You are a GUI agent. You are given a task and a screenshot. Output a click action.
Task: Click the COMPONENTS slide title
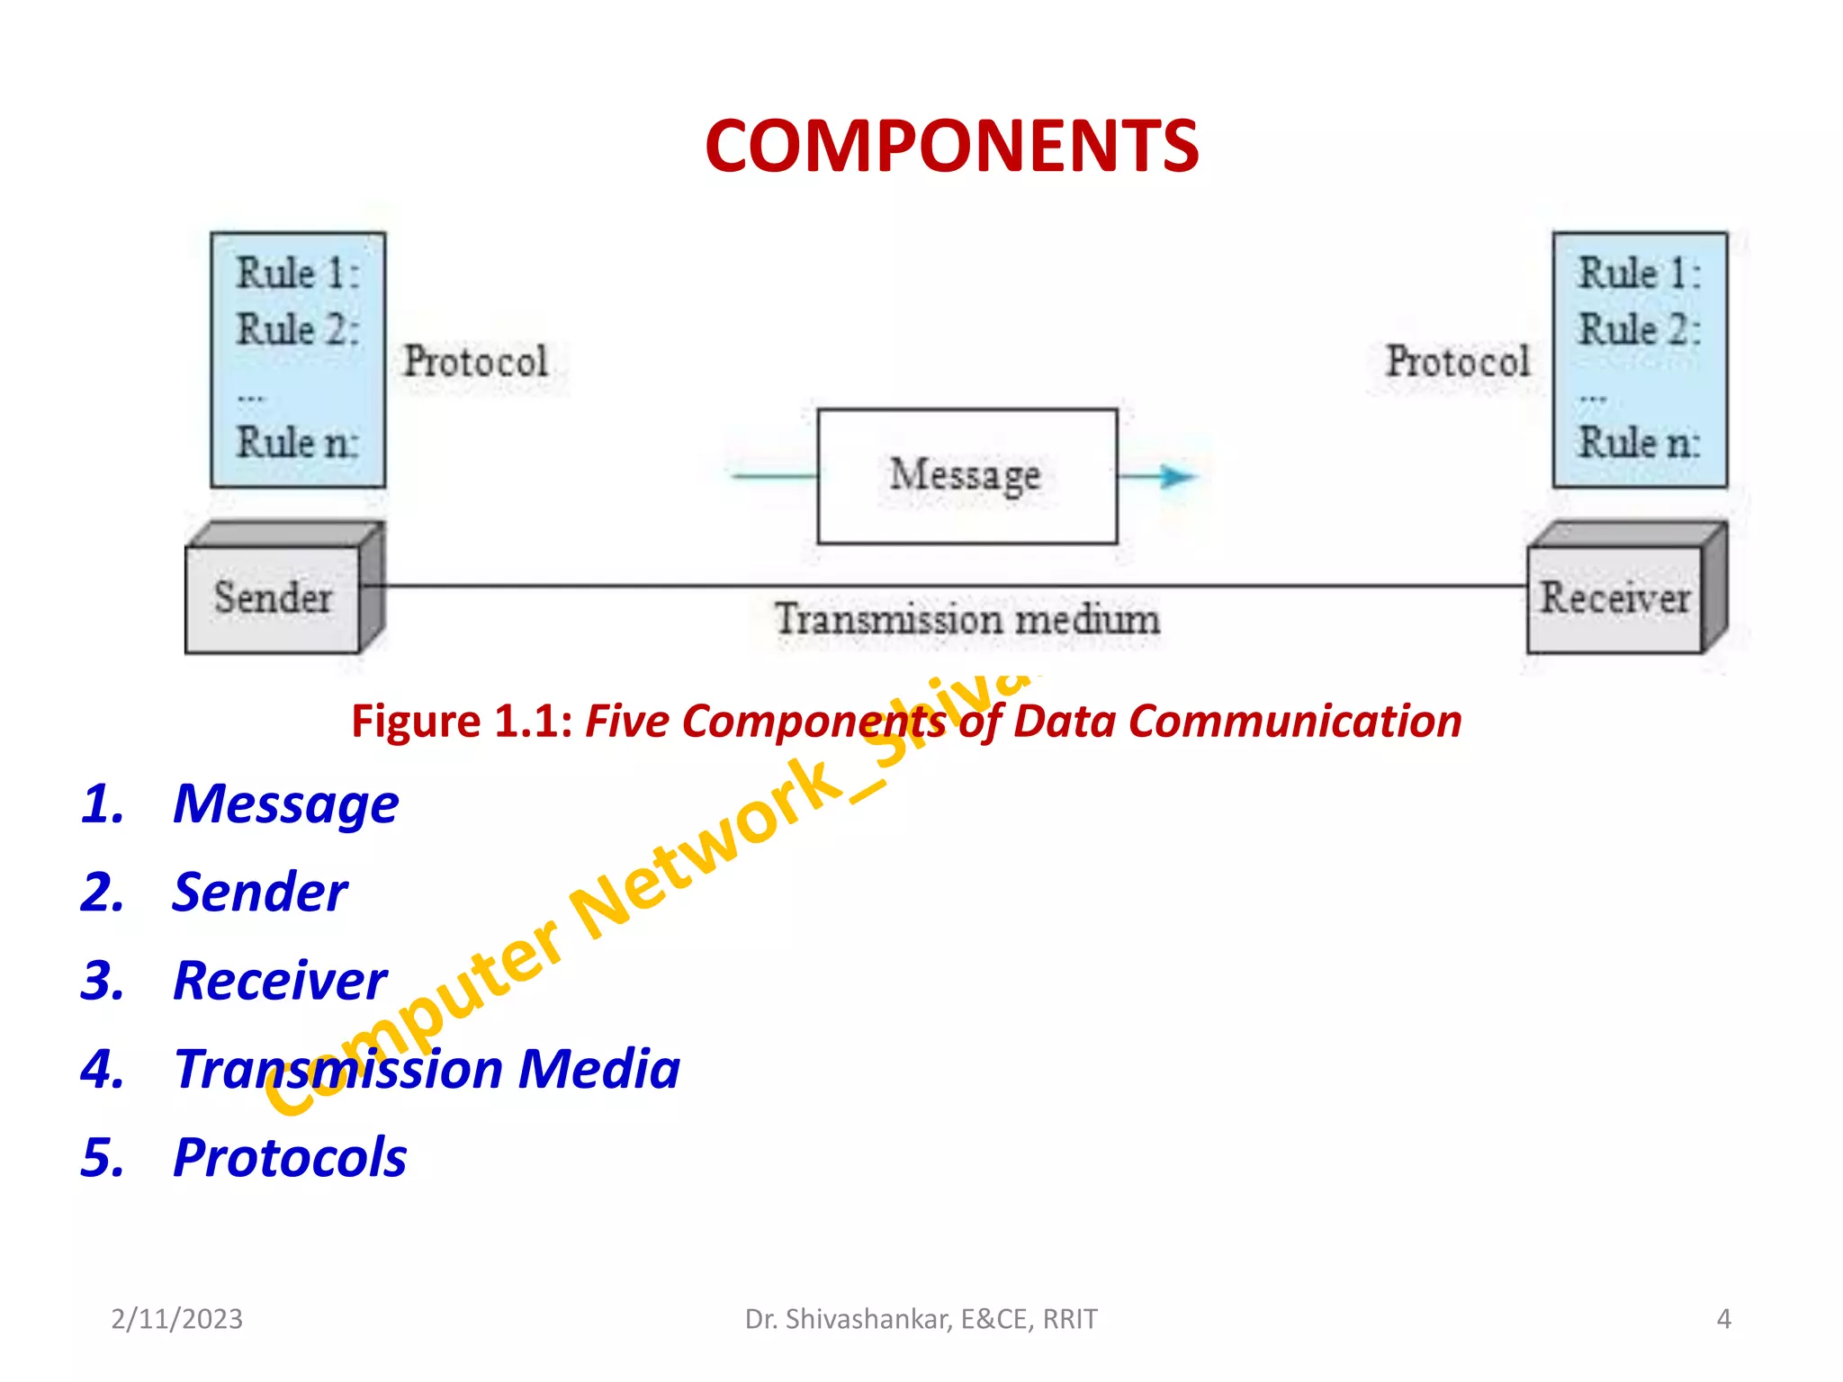pos(951,147)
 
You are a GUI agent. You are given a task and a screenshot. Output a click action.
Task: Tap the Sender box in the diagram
pos(273,598)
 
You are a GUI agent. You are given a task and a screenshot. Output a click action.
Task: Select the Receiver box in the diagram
pos(1614,598)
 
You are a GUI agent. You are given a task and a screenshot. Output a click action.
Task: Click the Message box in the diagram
pos(966,476)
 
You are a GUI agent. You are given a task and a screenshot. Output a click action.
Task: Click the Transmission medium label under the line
pos(967,620)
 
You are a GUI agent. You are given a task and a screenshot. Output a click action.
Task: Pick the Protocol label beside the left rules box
pos(475,362)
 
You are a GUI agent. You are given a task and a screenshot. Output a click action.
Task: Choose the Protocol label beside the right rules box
pos(1457,362)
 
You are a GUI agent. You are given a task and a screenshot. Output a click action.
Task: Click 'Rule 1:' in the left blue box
pos(297,274)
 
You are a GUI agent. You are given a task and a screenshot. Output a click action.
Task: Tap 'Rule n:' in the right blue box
pos(1639,443)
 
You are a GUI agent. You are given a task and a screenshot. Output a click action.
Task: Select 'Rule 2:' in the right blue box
pos(1639,329)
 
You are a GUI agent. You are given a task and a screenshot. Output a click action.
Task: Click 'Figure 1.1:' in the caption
pos(462,722)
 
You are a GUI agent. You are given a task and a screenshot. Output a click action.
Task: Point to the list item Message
pos(285,803)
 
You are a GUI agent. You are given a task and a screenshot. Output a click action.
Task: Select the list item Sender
pos(259,892)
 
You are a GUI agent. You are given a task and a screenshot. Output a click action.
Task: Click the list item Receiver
pos(280,980)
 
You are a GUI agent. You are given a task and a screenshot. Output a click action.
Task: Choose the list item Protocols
pos(290,1157)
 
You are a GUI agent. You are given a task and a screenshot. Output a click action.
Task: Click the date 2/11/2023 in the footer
pos(176,1319)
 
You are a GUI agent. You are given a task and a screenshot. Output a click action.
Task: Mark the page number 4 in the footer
pos(1723,1319)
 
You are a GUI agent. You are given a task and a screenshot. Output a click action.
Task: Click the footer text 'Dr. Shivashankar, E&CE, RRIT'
pos(921,1319)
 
